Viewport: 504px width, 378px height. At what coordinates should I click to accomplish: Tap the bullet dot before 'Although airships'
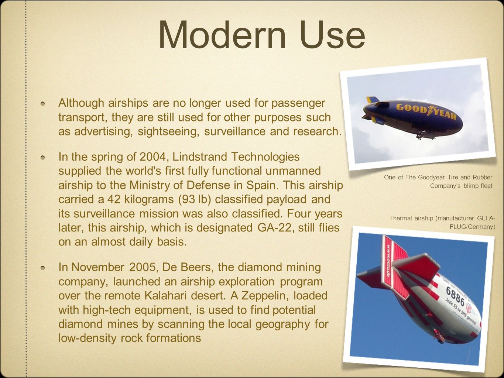tap(43, 104)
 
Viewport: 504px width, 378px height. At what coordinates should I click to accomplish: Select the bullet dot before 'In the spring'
tap(43, 158)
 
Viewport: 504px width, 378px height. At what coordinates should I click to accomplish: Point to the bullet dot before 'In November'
tap(43, 268)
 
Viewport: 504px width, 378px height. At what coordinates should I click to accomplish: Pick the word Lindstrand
tap(199, 157)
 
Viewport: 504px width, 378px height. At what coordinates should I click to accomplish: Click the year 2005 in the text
tap(144, 267)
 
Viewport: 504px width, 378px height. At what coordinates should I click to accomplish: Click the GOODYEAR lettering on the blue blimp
tap(426, 111)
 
